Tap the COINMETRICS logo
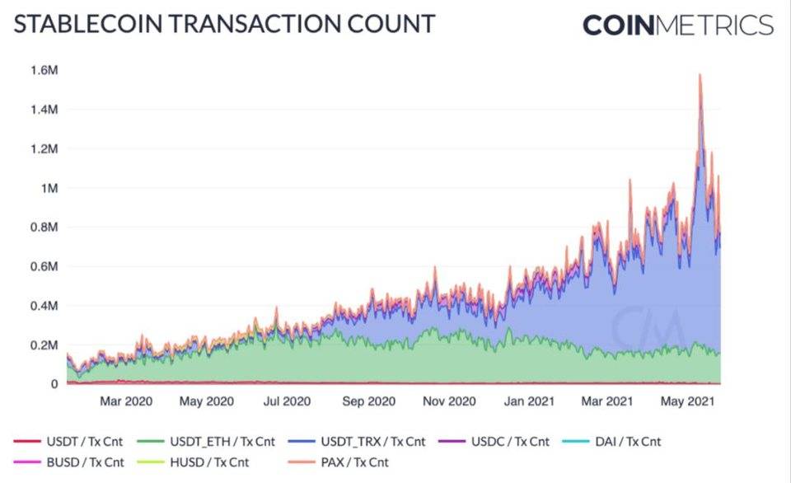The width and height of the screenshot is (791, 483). tap(677, 26)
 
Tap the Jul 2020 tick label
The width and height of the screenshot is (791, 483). tap(287, 402)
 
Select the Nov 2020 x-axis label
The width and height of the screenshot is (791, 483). tap(450, 402)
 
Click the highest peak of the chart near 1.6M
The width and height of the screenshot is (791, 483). tap(700, 75)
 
